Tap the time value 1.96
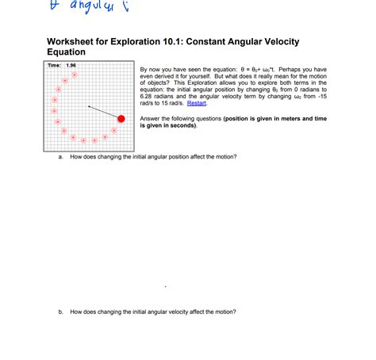pos(71,65)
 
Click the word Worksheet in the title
pos(72,41)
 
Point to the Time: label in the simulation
pos(54,65)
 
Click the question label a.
pos(61,157)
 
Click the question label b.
pos(61,312)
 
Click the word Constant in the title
pos(217,41)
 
